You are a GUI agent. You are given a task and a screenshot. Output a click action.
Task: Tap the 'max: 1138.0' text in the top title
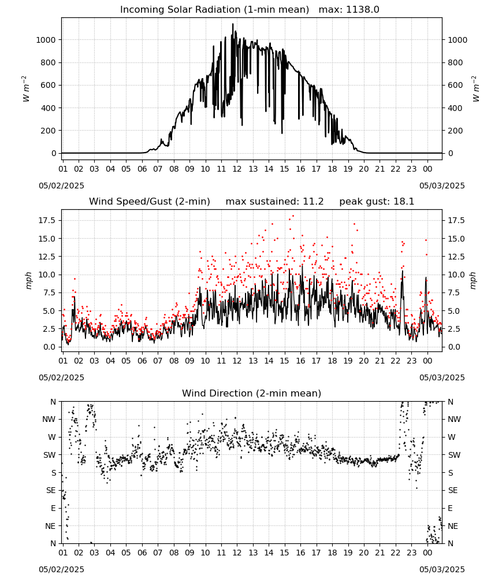pyautogui.click(x=349, y=10)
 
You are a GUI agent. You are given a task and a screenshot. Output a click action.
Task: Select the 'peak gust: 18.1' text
pyautogui.click(x=377, y=202)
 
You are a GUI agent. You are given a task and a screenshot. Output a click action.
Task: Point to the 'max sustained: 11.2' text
pyautogui.click(x=274, y=202)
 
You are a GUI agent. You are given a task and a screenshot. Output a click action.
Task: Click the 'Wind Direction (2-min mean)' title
pyautogui.click(x=252, y=393)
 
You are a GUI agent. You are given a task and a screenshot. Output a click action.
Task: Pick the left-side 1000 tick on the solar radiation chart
pyautogui.click(x=46, y=40)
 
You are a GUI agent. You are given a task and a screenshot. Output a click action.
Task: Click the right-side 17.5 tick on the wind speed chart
pyautogui.click(x=456, y=220)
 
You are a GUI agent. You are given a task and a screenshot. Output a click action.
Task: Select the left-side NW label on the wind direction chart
pyautogui.click(x=49, y=420)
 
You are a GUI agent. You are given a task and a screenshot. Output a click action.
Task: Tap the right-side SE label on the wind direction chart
pyautogui.click(x=453, y=490)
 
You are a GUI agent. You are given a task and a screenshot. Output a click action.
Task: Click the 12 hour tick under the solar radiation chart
pyautogui.click(x=237, y=169)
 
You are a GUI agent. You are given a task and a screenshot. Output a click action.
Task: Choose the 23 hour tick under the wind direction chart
pyautogui.click(x=411, y=553)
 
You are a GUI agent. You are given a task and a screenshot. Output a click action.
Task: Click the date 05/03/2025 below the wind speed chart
pyautogui.click(x=442, y=377)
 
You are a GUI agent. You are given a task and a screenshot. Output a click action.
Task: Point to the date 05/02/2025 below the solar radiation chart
pyautogui.click(x=61, y=186)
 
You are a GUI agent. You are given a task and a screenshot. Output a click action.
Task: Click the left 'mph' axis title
pyautogui.click(x=28, y=280)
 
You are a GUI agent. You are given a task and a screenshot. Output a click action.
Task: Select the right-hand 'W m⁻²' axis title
pyautogui.click(x=475, y=88)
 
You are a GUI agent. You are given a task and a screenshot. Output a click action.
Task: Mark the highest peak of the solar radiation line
pyautogui.click(x=233, y=24)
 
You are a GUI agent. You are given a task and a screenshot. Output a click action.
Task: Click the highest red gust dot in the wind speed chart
pyautogui.click(x=293, y=216)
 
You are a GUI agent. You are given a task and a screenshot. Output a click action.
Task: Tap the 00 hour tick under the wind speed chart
pyautogui.click(x=427, y=361)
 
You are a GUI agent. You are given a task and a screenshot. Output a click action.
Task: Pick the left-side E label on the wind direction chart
pyautogui.click(x=53, y=508)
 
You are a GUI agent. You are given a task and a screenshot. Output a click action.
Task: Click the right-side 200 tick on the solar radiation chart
pyautogui.click(x=455, y=131)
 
